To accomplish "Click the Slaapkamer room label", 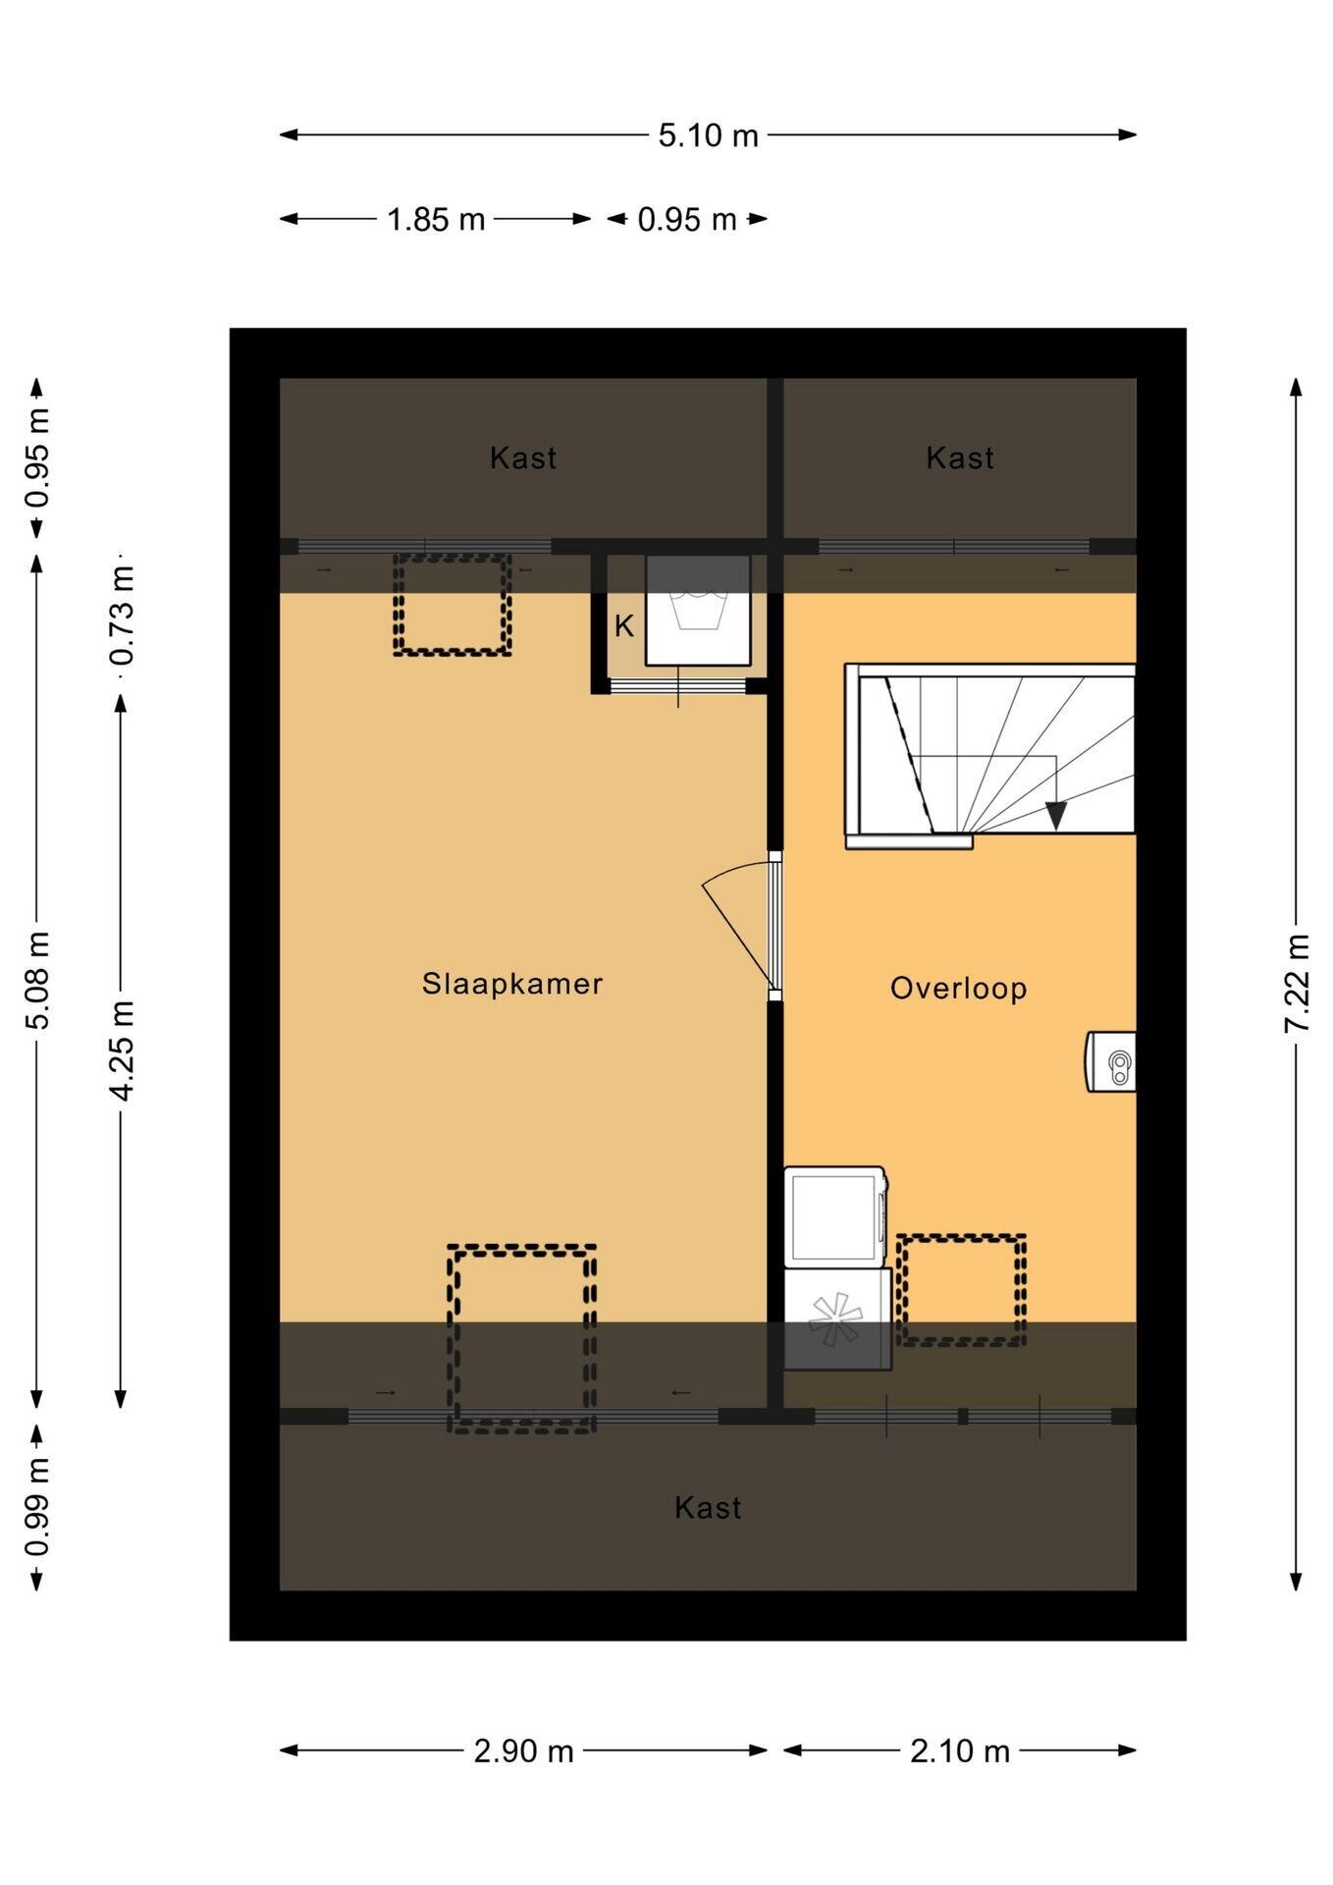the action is coord(511,984).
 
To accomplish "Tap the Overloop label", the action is coord(958,988).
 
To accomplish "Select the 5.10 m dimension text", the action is coord(708,135).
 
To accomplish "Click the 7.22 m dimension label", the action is coord(1297,982).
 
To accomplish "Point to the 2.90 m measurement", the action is coord(523,1750).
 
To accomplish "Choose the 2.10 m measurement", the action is coord(959,1750).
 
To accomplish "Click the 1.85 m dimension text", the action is coord(436,219).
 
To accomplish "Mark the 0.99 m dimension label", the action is coord(37,1507).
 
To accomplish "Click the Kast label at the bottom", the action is coord(708,1508).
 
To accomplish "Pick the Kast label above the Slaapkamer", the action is coord(523,458).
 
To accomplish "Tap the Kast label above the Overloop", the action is coord(960,458).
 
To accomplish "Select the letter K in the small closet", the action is coord(624,626).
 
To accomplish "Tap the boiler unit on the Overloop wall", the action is coord(1110,1061).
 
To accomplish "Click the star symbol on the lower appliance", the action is coord(834,1319).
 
